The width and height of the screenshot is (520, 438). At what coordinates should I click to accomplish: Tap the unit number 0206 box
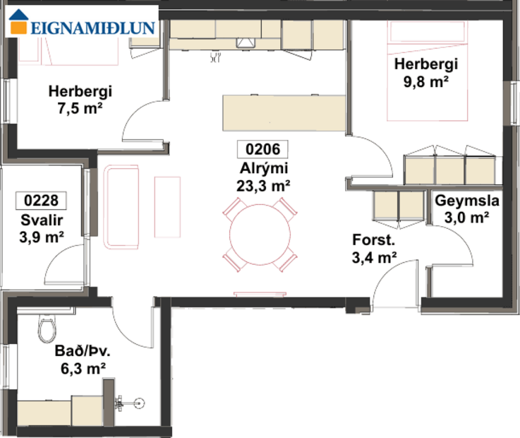click(262, 149)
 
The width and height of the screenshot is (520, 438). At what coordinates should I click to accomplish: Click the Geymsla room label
click(467, 201)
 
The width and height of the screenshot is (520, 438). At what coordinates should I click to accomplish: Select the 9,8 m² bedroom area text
click(426, 81)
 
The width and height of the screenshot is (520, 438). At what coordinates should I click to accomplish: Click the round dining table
click(259, 235)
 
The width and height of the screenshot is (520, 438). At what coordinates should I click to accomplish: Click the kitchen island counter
click(284, 113)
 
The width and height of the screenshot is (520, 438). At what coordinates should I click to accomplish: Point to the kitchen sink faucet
click(216, 57)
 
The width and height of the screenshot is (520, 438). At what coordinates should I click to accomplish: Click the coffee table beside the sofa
click(168, 206)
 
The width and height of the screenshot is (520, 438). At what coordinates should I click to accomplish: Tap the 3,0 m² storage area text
click(467, 218)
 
